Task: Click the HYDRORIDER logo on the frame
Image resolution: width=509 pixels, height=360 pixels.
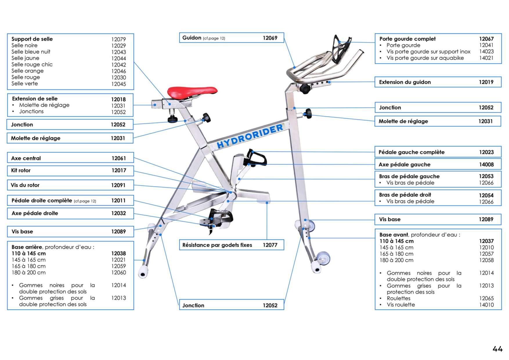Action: (250, 136)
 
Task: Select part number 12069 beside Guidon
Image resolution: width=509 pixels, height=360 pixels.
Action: (270, 38)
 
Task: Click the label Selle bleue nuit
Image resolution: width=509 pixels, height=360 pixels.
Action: (31, 52)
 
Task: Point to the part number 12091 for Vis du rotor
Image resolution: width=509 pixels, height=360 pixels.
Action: (118, 185)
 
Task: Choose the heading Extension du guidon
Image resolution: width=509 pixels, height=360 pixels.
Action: (405, 82)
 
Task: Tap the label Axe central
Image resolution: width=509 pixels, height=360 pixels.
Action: (26, 158)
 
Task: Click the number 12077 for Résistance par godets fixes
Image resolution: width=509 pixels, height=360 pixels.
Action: (270, 245)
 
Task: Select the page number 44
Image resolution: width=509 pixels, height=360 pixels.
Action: (497, 349)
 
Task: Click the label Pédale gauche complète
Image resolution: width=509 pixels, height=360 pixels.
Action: (411, 152)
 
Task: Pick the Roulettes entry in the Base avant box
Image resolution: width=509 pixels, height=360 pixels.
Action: (398, 299)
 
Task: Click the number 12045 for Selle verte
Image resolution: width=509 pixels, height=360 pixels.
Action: (118, 84)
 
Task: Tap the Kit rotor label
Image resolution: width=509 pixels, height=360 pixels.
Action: (21, 171)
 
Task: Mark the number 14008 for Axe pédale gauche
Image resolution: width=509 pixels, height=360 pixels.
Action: (486, 165)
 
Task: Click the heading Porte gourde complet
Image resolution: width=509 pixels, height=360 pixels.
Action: (407, 39)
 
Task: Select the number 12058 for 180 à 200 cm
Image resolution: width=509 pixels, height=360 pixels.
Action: (486, 260)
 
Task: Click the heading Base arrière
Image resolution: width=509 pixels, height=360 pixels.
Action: (27, 247)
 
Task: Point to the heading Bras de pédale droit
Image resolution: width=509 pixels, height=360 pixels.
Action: (405, 195)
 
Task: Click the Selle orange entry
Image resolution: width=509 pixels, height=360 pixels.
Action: (28, 71)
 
